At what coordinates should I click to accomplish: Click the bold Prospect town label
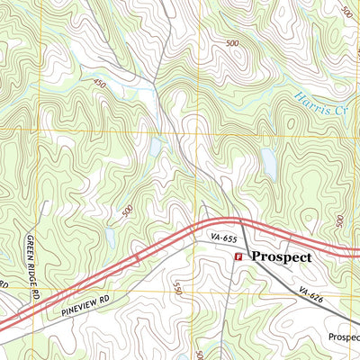click(x=282, y=256)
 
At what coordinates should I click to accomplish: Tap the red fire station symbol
click(x=238, y=257)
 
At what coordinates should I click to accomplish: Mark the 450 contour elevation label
click(x=99, y=83)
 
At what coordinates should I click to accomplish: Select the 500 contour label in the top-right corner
click(x=347, y=11)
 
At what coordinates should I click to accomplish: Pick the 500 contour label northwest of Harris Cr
click(x=233, y=43)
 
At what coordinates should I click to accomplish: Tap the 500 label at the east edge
click(x=339, y=221)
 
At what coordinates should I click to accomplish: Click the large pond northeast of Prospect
click(x=268, y=162)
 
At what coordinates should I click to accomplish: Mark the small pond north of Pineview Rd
click(x=109, y=237)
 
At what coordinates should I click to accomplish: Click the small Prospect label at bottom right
click(x=343, y=337)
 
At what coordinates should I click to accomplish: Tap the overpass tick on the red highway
click(x=137, y=258)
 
